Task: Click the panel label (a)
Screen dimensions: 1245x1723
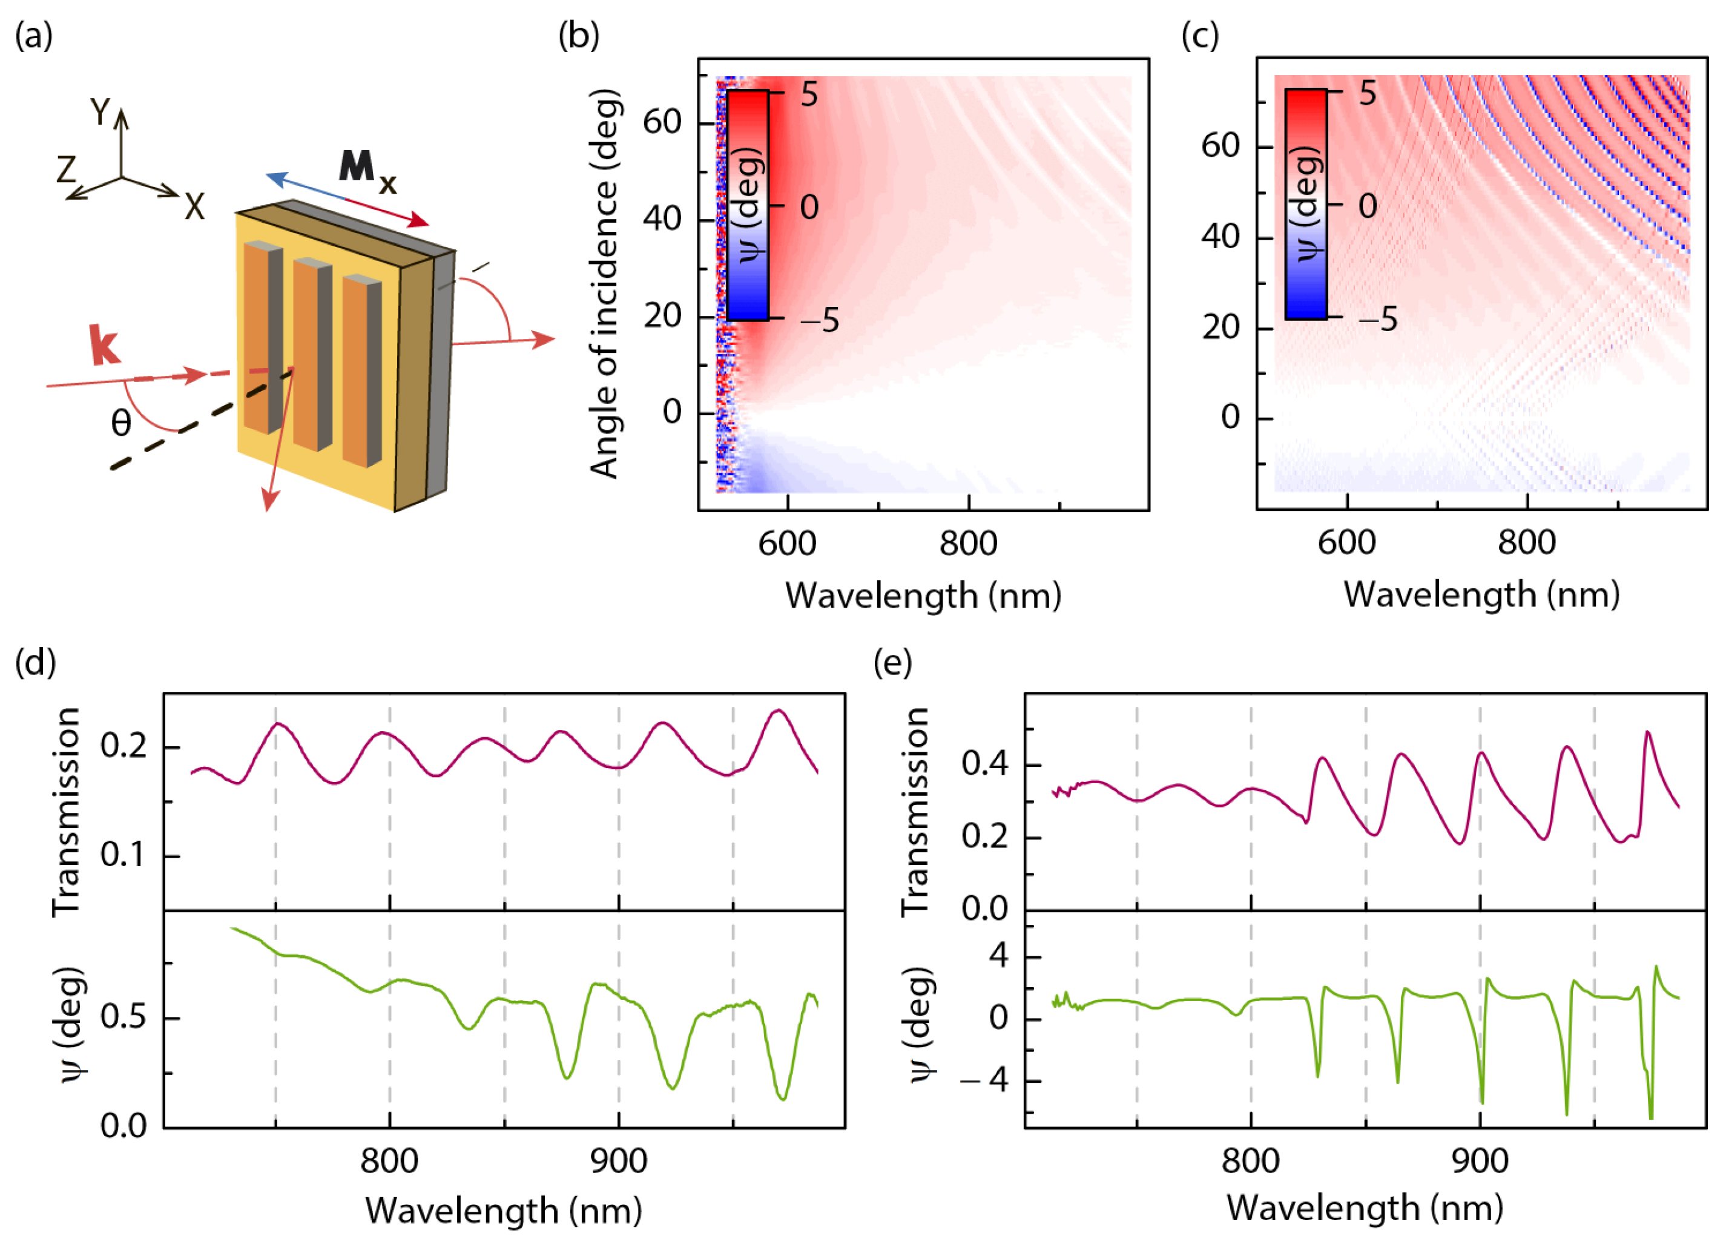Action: [x=33, y=36]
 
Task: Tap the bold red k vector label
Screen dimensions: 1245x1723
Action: [x=104, y=346]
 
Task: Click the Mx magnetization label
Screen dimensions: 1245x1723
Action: [x=367, y=170]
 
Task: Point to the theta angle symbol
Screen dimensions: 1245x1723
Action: [x=121, y=423]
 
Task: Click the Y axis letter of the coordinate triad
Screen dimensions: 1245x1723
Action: [x=99, y=113]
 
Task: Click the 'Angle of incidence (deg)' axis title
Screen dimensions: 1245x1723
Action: [x=605, y=283]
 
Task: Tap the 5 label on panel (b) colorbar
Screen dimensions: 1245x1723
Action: [x=809, y=95]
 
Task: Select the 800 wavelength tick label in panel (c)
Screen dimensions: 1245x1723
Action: [x=1526, y=542]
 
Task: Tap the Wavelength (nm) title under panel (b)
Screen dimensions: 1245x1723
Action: [x=923, y=596]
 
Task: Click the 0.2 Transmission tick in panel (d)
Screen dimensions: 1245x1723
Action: [x=124, y=747]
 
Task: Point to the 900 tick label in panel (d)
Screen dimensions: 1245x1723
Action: [x=618, y=1161]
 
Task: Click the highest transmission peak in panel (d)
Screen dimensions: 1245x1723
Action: [x=779, y=711]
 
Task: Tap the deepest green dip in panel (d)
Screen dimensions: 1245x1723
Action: [x=782, y=1099]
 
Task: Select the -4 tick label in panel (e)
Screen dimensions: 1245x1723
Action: [x=986, y=1080]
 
